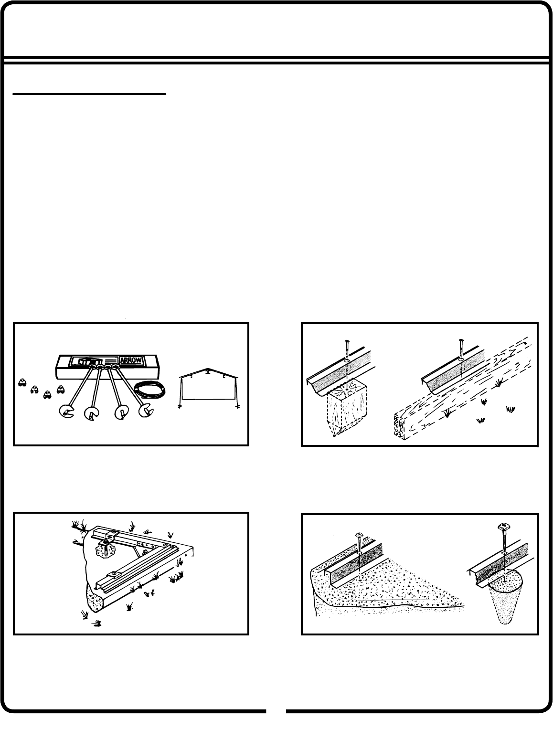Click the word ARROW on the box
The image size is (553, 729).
tap(130, 360)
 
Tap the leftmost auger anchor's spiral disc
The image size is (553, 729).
tap(66, 412)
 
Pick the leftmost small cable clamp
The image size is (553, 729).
tap(22, 382)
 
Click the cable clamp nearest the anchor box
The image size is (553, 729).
tap(61, 389)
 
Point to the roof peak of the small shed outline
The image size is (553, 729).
tap(208, 369)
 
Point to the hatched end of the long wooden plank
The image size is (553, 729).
tap(399, 426)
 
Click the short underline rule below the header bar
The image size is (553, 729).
tap(89, 94)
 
